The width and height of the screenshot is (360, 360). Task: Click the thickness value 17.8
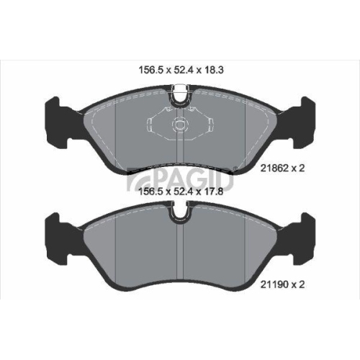[210, 192]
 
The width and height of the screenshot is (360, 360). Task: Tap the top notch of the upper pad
[180, 92]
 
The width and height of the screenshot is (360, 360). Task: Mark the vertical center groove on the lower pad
[180, 252]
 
